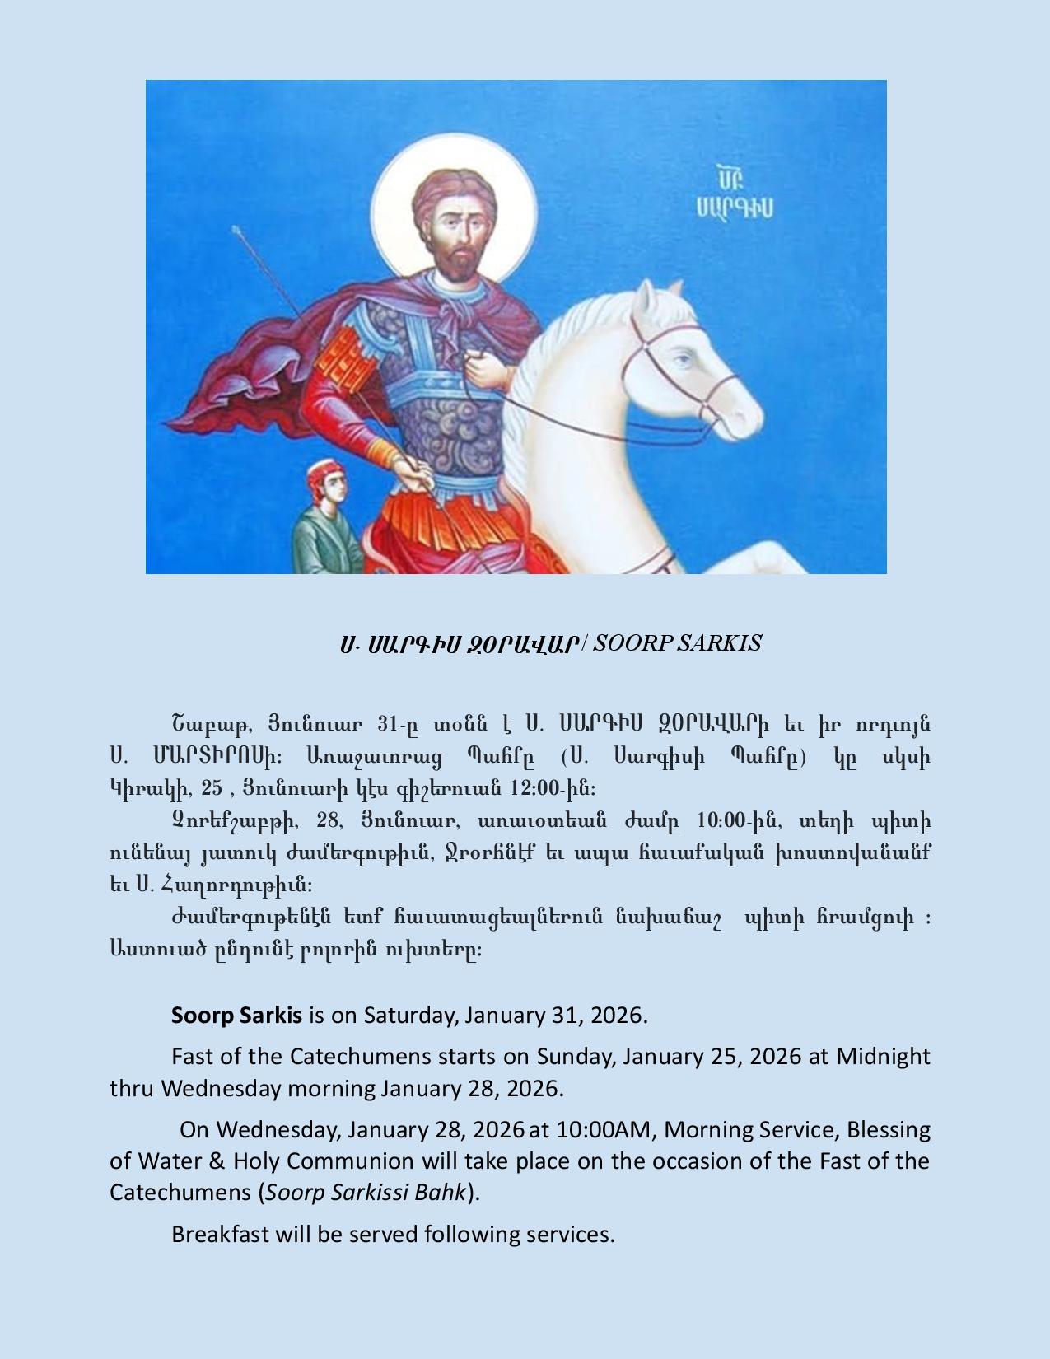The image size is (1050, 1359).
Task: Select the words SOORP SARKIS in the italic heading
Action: (x=677, y=643)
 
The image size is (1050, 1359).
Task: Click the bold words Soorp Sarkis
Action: (x=236, y=1015)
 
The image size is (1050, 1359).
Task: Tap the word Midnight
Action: (x=883, y=1056)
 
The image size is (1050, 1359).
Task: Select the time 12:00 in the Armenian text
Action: (x=536, y=788)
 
